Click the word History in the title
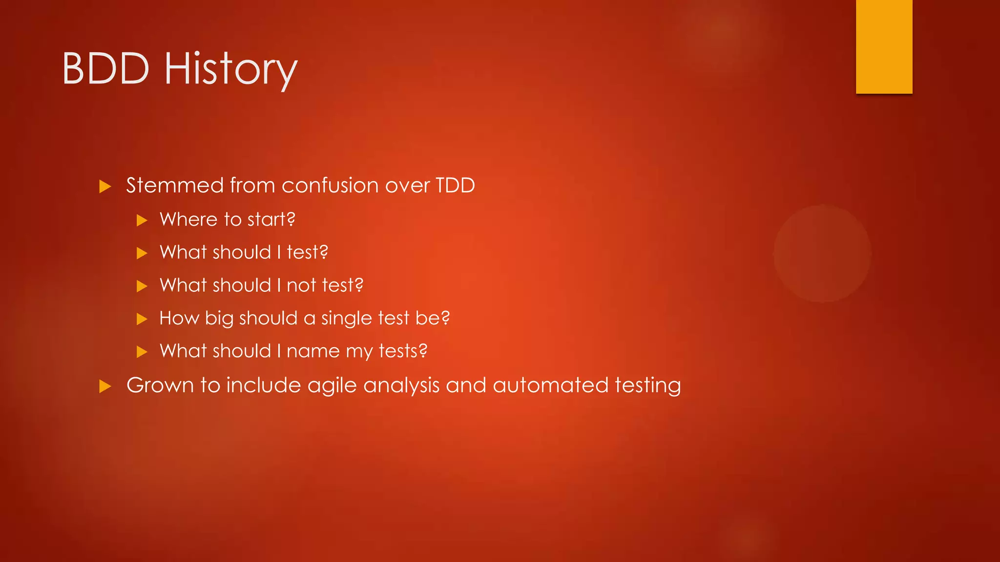[230, 69]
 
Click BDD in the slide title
[106, 69]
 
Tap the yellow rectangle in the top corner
[884, 46]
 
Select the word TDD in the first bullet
[455, 185]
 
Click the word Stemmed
[175, 185]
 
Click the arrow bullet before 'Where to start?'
[142, 220]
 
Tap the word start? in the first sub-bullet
[271, 220]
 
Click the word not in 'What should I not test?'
[301, 285]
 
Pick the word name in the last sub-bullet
[313, 351]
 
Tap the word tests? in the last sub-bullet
[403, 351]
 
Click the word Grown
[160, 385]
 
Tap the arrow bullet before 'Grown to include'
[105, 386]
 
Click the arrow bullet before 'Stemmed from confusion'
[105, 186]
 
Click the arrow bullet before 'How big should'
[142, 319]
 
